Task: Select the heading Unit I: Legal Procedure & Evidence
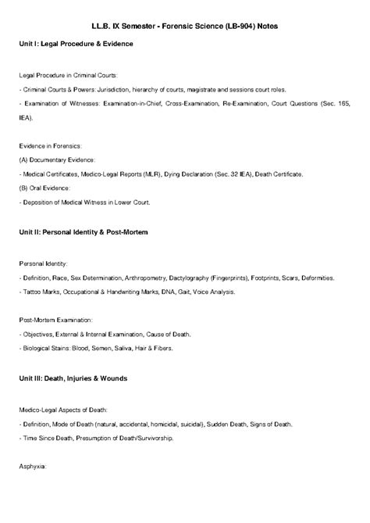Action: [x=76, y=44]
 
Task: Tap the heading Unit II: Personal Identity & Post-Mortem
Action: [x=84, y=233]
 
